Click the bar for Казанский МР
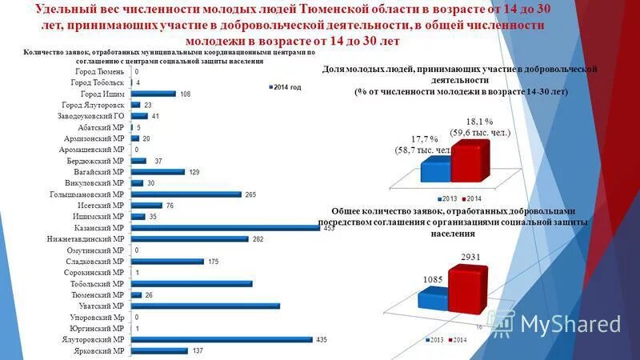pyautogui.click(x=228, y=227)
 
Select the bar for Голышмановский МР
pyautogui.click(x=186, y=194)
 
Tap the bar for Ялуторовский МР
pyautogui.click(x=221, y=339)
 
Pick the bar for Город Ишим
pyautogui.click(x=153, y=94)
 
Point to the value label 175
pyautogui.click(x=212, y=261)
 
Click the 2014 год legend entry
pyautogui.click(x=285, y=86)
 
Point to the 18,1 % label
pyautogui.click(x=480, y=122)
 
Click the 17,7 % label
pyautogui.click(x=425, y=138)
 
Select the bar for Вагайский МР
pyautogui.click(x=158, y=171)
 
